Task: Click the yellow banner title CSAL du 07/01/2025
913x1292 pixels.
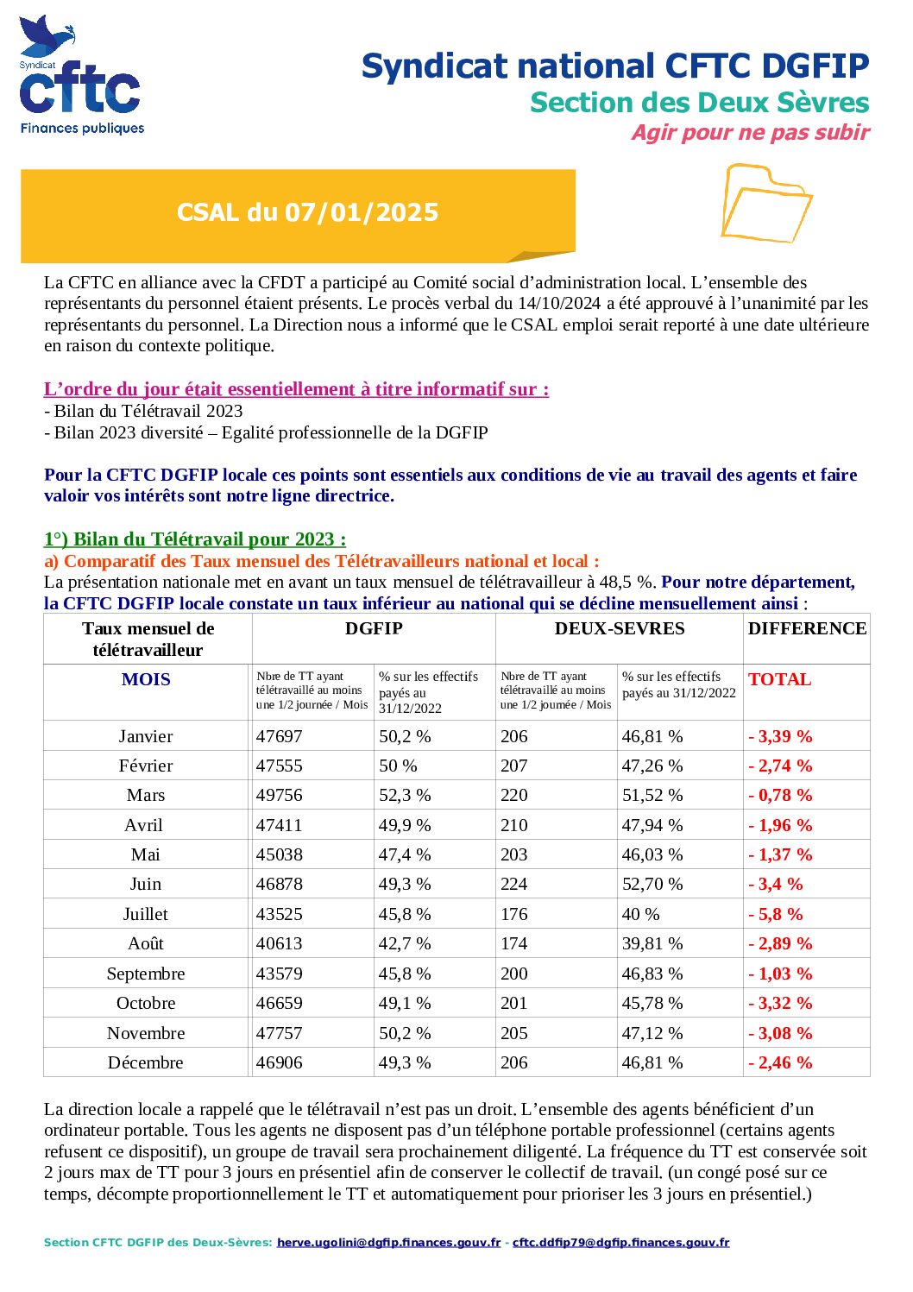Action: [x=307, y=212]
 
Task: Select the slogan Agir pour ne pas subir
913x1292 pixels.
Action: [x=749, y=133]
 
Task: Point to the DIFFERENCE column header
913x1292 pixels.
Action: [x=807, y=629]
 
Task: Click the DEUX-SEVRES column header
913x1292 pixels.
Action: [x=619, y=629]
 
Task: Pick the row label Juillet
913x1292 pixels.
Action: [x=145, y=914]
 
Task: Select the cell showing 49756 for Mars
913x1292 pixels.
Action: [x=280, y=795]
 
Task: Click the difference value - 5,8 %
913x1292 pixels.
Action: [x=775, y=914]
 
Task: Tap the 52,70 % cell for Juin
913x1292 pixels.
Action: [x=652, y=885]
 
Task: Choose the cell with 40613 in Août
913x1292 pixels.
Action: [x=280, y=944]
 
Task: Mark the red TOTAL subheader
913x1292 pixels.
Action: [x=779, y=680]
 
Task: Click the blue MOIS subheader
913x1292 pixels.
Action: [x=146, y=680]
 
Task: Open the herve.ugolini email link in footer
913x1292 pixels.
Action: [x=388, y=1243]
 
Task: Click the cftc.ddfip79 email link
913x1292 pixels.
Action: [x=620, y=1243]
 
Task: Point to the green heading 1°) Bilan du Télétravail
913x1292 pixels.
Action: [x=195, y=539]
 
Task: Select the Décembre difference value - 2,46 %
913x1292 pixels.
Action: [x=780, y=1063]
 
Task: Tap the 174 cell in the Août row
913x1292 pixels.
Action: [x=513, y=944]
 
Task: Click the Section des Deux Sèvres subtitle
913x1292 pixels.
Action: [x=699, y=103]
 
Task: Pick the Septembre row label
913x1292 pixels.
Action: [x=145, y=974]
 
